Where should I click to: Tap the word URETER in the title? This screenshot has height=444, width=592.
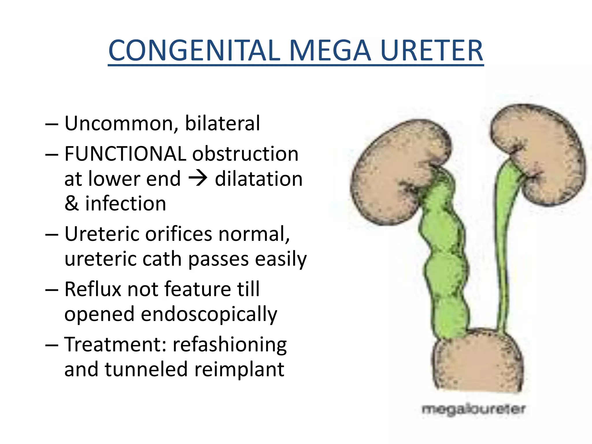[432, 51]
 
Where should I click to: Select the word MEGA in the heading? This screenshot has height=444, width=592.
[330, 51]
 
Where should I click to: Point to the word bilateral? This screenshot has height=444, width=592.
[222, 123]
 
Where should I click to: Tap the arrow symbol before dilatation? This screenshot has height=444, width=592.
[198, 178]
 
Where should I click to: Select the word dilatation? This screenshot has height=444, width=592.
[259, 179]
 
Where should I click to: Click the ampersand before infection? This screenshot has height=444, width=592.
[71, 203]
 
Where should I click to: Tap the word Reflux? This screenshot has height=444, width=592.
[93, 289]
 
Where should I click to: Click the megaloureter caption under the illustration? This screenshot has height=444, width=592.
[473, 409]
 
